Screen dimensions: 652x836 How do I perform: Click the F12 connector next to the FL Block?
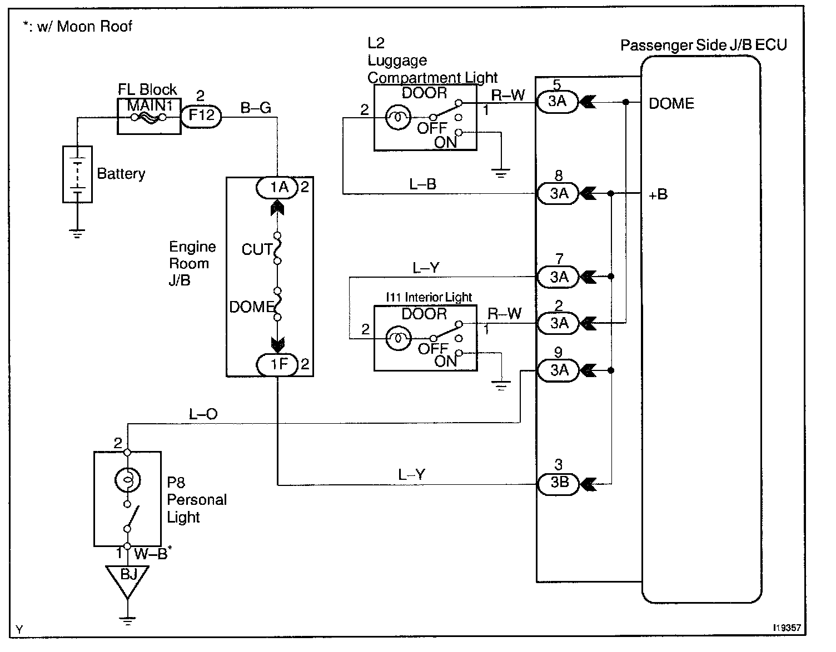201,117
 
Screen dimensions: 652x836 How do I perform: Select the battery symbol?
77,174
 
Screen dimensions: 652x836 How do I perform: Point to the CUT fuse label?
256,249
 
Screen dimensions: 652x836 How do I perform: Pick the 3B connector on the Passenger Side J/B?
559,483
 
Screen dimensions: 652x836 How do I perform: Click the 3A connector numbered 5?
558,102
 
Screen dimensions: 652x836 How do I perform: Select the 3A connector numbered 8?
559,193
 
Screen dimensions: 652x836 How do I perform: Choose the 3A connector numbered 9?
559,370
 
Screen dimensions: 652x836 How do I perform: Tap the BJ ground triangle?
128,578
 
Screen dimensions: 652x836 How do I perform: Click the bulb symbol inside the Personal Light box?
128,479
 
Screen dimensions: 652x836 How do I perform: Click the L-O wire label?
203,414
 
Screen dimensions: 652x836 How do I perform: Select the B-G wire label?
256,108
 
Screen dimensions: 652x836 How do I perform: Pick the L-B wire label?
422,184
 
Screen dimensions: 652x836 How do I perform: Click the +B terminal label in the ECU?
658,194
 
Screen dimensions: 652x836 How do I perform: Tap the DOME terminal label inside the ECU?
671,104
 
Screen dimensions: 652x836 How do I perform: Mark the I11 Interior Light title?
429,297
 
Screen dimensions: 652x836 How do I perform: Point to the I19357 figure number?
786,628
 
